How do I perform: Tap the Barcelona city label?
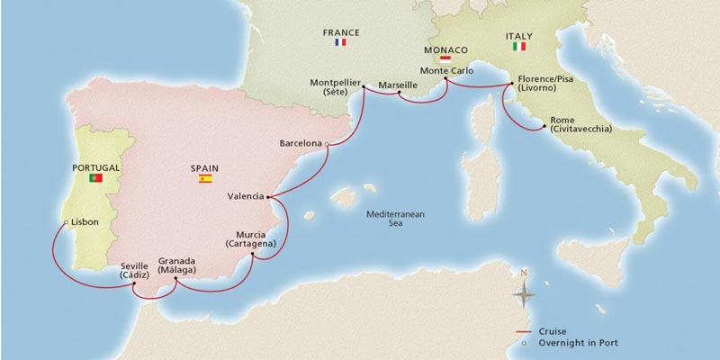tap(300, 143)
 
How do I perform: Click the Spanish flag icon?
tap(205, 179)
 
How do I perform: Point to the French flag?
tap(340, 42)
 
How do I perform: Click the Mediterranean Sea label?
tap(395, 220)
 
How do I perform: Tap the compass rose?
tap(525, 292)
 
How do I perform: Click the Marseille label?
tap(398, 85)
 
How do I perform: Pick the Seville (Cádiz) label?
tap(134, 271)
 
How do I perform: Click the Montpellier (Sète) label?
tap(334, 87)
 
